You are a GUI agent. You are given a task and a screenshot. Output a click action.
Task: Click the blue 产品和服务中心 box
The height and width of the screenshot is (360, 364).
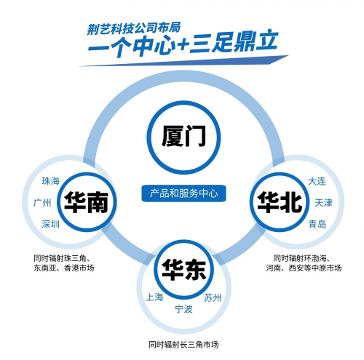[x=183, y=193]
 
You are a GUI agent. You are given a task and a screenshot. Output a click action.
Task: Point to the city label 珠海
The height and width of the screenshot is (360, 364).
[x=50, y=181]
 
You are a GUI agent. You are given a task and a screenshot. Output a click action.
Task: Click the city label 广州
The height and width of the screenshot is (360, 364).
[x=42, y=202]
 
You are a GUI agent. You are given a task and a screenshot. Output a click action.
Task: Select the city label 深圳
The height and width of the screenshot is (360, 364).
[x=50, y=224]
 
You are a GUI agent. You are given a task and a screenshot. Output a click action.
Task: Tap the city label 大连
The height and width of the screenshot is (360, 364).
[x=317, y=181]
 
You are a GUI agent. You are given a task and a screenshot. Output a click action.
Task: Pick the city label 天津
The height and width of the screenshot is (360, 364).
[x=323, y=202]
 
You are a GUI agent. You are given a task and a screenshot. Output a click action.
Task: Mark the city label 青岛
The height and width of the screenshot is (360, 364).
[x=317, y=224]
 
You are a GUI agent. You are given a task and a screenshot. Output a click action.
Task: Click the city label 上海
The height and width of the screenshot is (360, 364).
[x=154, y=297]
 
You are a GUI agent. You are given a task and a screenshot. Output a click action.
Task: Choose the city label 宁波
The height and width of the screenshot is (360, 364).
[x=183, y=309]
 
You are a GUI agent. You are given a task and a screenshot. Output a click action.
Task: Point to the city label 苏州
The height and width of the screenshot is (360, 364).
[x=213, y=297]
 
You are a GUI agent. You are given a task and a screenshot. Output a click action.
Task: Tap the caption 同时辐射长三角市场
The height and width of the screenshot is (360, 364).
[x=183, y=345]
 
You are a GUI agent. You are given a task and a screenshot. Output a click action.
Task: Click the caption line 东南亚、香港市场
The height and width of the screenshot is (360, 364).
[x=64, y=268]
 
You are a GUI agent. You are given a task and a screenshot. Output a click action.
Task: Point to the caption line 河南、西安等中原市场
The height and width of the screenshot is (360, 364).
[x=304, y=268]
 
